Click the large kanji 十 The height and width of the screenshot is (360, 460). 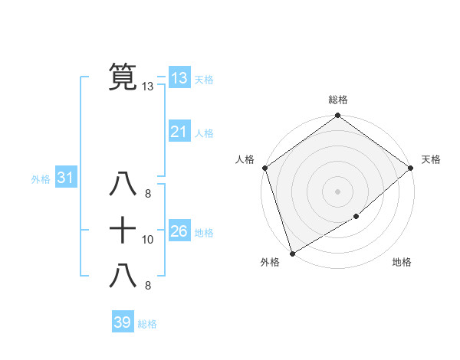coord(123,229)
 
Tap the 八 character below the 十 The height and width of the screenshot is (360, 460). coord(123,275)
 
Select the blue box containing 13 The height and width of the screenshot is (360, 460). coord(179,77)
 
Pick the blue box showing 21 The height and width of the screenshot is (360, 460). coord(179,132)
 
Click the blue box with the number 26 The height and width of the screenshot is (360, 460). coord(179,231)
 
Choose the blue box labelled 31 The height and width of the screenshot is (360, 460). coord(65,178)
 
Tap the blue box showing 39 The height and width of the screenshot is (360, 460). coord(122,322)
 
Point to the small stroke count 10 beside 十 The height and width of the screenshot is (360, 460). coord(148,240)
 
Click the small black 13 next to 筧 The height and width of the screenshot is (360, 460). coord(148,87)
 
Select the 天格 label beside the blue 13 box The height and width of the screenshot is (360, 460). coord(204,80)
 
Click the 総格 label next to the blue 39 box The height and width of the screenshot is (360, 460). coord(147,324)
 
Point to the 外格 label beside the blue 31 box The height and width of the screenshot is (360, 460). coord(41,179)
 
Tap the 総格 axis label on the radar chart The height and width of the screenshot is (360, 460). coord(338,100)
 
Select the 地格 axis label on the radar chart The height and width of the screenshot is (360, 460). coord(402,262)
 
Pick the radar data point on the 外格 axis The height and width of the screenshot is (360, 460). coord(292,253)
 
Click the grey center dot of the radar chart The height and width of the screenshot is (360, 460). coord(337,191)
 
